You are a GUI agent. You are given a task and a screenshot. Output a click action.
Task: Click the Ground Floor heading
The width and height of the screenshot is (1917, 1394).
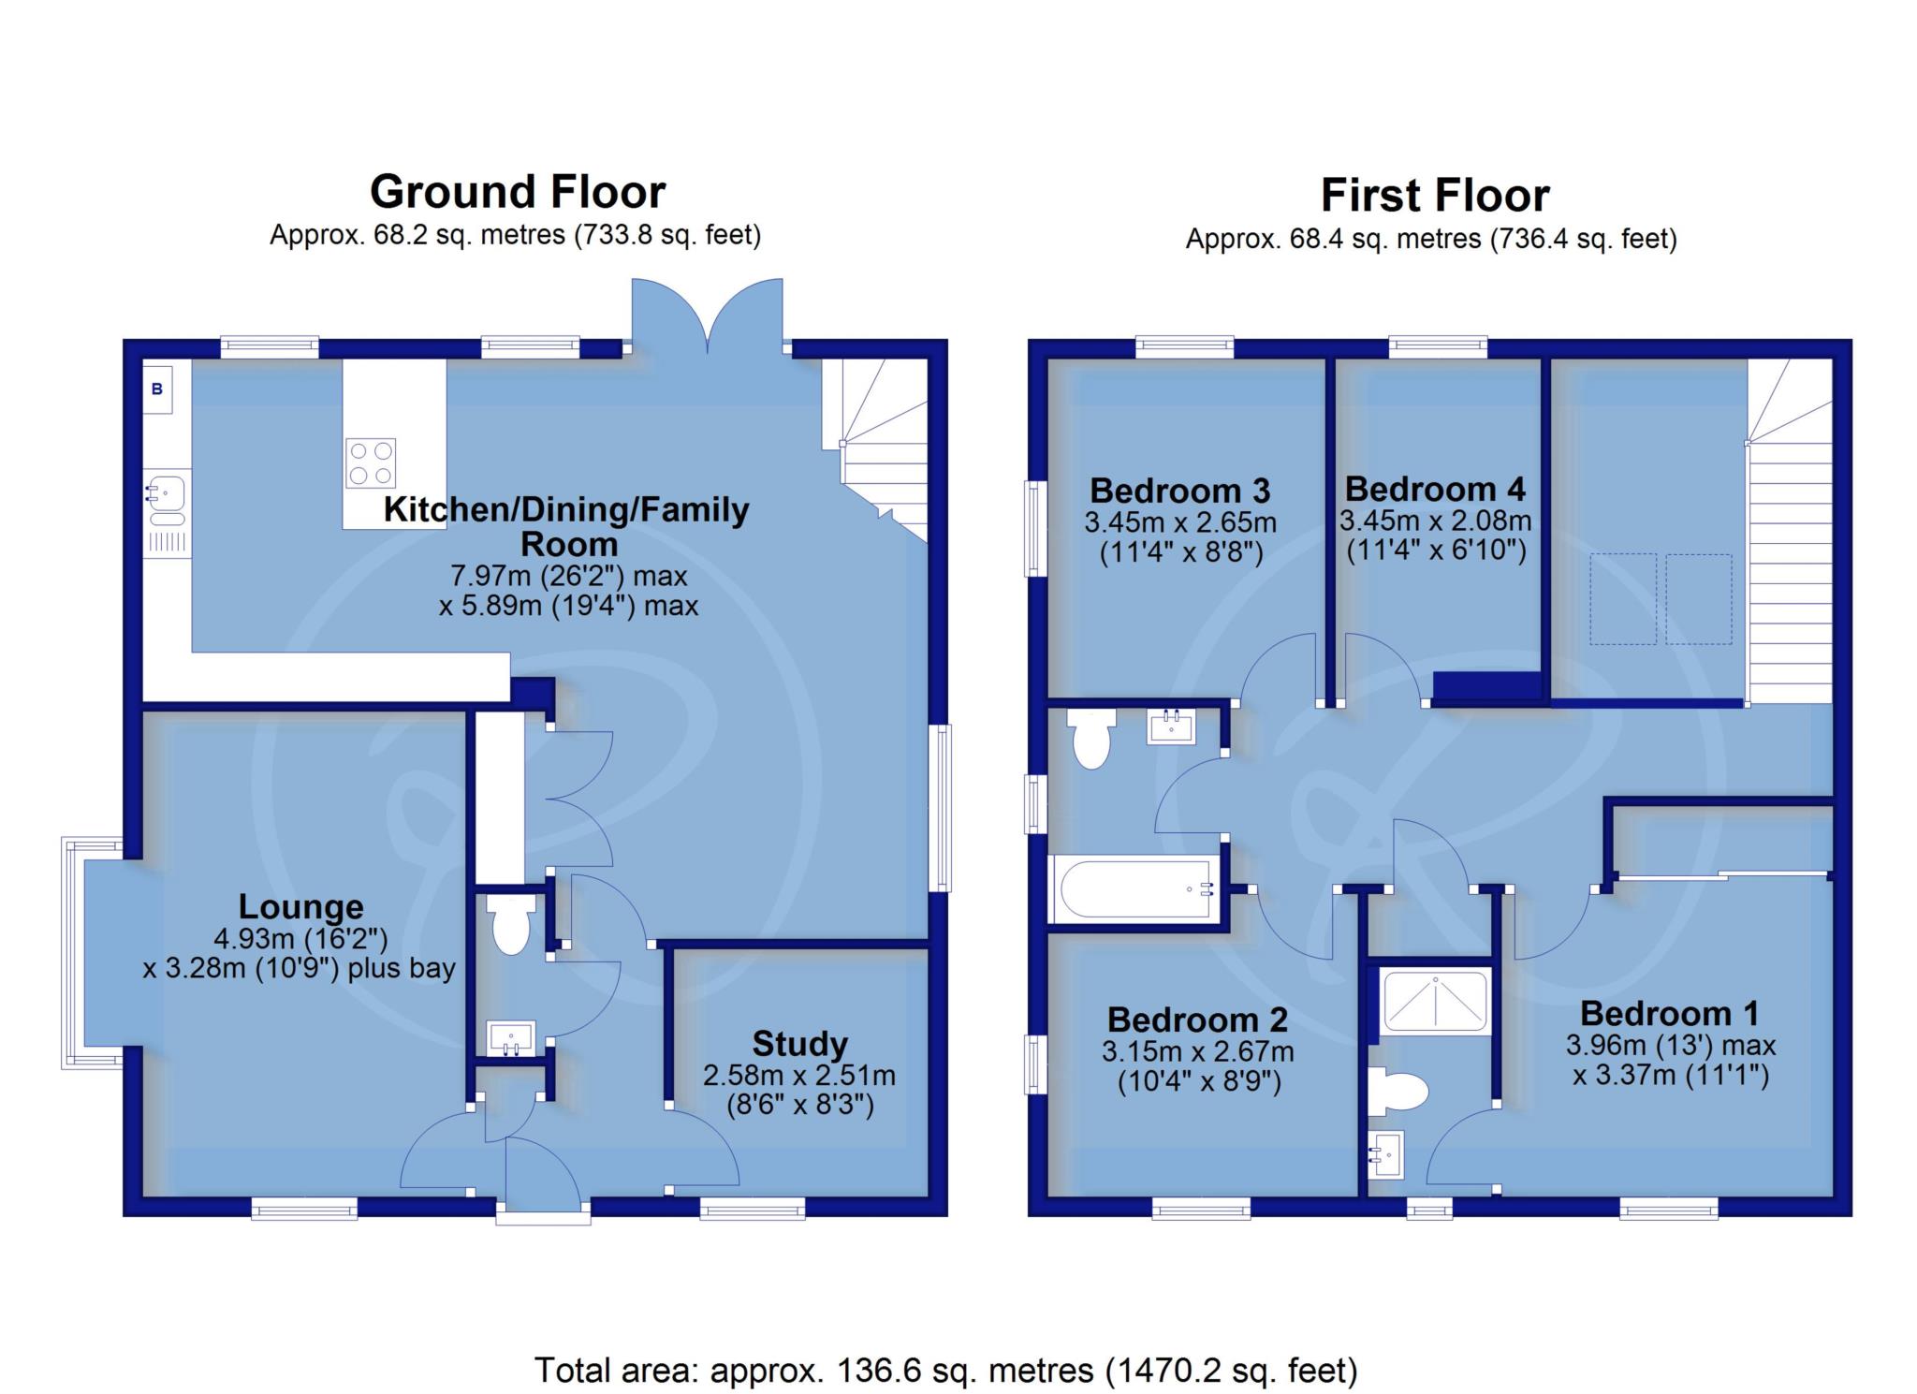pos(518,192)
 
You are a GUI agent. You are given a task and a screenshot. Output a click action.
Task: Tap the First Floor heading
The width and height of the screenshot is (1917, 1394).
pos(1435,196)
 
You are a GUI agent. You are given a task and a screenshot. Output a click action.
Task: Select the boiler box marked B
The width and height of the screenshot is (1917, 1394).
pos(157,389)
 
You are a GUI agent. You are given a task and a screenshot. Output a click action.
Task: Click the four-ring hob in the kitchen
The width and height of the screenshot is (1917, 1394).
pos(371,463)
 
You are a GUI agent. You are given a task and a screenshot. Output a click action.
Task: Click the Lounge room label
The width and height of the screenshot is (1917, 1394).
pos(300,906)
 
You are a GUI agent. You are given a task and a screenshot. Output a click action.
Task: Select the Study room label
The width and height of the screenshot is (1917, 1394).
pos(799,1043)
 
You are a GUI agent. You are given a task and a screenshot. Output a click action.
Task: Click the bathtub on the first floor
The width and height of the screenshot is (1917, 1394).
pos(1134,888)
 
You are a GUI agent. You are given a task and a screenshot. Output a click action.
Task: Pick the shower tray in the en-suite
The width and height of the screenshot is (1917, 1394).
pos(1434,1002)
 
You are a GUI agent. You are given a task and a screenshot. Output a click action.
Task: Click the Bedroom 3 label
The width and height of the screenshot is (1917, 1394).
pos(1180,491)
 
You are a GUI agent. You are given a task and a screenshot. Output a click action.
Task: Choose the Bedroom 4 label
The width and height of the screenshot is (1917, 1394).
pos(1435,489)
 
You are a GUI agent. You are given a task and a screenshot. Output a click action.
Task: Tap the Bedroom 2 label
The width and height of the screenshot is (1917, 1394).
pos(1197,1020)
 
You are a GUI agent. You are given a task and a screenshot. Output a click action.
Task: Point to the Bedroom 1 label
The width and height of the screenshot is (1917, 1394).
pos(1670,1013)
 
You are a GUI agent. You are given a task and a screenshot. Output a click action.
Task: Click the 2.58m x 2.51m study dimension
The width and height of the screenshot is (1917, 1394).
pos(799,1076)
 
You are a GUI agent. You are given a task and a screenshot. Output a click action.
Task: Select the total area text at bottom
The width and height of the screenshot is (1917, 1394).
pos(945,1371)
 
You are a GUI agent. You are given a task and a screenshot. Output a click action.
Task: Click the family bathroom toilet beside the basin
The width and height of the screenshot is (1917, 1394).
pos(1092,739)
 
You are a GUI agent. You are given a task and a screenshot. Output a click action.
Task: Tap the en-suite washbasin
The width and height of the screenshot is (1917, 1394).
pos(1386,1154)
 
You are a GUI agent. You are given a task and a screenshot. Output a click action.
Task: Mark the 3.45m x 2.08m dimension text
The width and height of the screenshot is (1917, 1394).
pos(1435,521)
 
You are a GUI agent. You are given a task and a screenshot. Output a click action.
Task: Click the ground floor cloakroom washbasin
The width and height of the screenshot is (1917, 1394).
pos(511,1037)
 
